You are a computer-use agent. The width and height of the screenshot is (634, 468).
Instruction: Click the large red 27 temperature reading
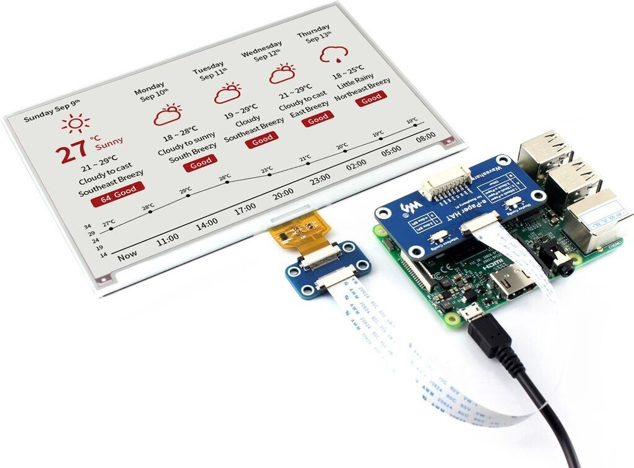[73, 152]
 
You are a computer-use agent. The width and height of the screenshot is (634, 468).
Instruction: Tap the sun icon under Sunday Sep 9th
[76, 123]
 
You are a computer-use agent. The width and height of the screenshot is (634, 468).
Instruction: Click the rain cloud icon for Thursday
[333, 55]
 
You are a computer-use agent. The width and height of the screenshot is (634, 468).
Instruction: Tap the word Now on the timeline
[128, 254]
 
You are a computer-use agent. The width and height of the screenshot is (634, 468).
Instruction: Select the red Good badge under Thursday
[371, 98]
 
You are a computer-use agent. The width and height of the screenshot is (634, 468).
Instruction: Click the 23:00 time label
[320, 179]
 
